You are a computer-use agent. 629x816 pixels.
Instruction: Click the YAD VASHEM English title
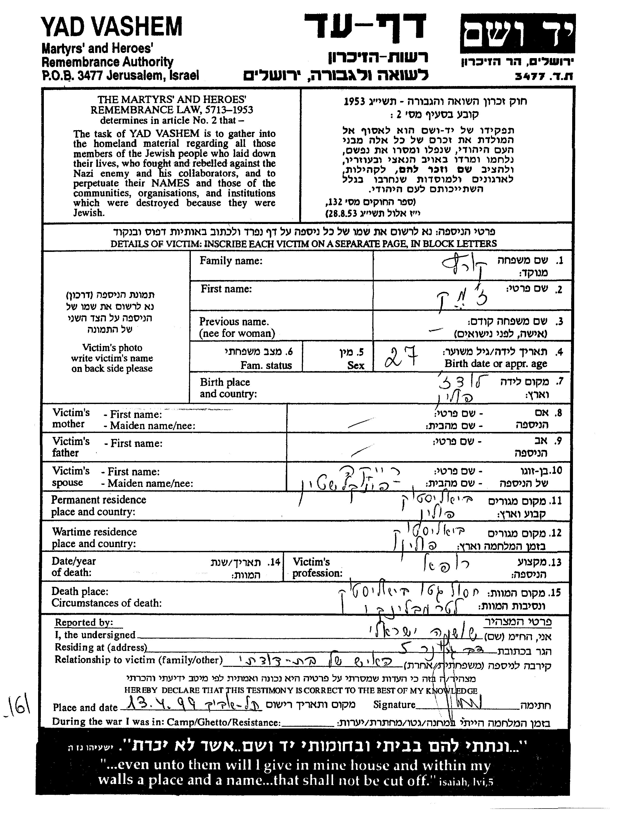click(112, 27)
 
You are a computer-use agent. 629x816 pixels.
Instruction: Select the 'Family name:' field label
click(231, 261)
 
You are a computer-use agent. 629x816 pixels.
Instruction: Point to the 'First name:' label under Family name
click(226, 289)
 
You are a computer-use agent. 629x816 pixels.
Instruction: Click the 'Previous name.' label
click(234, 322)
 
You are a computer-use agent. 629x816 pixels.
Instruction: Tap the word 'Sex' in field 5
click(355, 365)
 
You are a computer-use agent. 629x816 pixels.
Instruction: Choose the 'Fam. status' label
click(266, 365)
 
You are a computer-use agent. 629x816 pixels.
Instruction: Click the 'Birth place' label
click(225, 382)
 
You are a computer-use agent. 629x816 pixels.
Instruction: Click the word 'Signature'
click(394, 705)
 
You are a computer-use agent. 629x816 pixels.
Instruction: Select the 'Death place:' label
click(80, 592)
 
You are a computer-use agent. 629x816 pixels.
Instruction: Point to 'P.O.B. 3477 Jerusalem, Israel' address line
click(120, 75)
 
